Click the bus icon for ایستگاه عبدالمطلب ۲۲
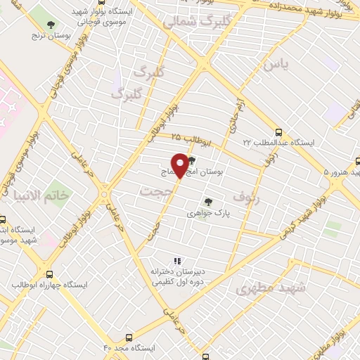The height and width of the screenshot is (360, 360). (x=279, y=131)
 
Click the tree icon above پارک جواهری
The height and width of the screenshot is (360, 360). (x=207, y=200)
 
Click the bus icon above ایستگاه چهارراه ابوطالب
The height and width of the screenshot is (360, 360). (x=49, y=274)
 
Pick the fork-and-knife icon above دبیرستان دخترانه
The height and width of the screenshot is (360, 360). (x=177, y=260)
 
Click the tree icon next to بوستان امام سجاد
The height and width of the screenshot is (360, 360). (x=192, y=160)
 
